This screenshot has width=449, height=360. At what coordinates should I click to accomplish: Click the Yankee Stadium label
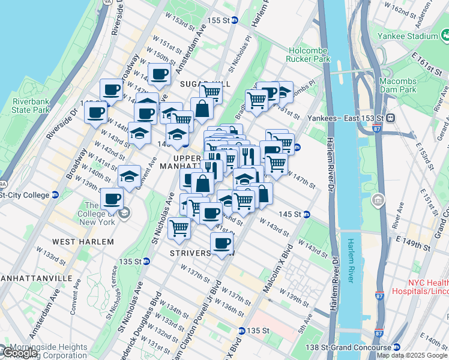coord(407,37)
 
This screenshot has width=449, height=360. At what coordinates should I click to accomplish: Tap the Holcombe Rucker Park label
coord(309,55)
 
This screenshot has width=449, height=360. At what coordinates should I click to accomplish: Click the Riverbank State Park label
coord(31,106)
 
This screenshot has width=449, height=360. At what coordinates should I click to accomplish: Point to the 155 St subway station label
coord(218,20)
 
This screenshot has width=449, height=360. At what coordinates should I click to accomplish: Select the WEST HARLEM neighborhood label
coord(83,241)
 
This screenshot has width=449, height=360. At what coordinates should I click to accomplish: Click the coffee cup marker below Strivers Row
coord(221,244)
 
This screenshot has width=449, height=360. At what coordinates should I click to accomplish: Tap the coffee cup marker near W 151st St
coord(159,74)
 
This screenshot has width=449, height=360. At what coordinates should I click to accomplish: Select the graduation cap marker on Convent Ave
coord(129,176)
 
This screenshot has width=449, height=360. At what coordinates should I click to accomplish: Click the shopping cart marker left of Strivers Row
coord(179,227)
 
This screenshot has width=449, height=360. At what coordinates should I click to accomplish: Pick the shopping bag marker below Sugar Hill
coord(202,109)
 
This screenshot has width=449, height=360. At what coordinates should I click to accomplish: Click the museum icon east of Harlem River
coord(378,199)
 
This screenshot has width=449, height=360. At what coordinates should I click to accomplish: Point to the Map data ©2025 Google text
coord(412,355)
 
